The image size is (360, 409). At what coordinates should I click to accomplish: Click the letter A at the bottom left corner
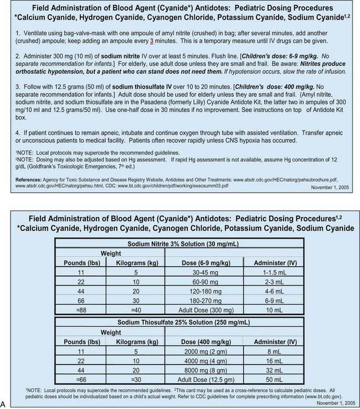[4, 405]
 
